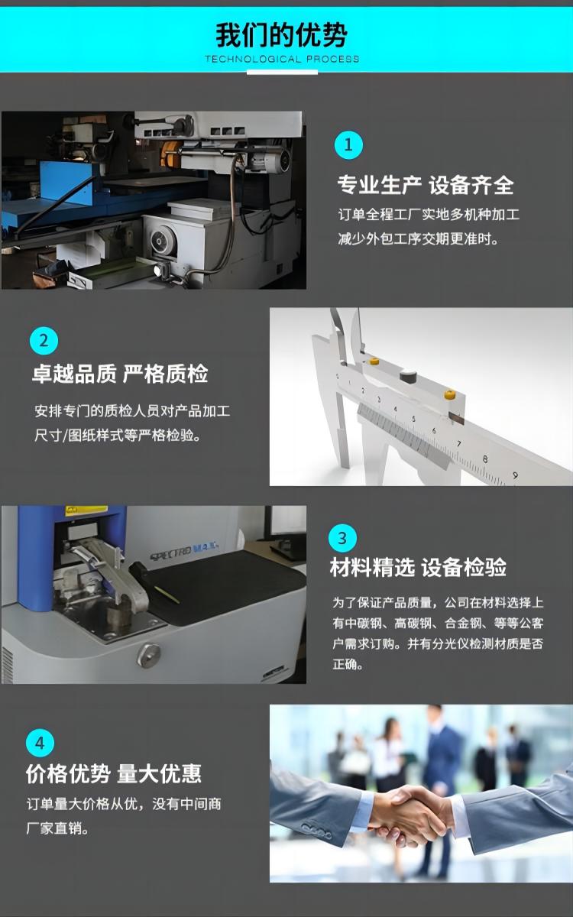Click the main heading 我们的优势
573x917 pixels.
(x=282, y=35)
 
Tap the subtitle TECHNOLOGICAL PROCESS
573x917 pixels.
(x=282, y=59)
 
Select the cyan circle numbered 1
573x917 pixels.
(x=348, y=145)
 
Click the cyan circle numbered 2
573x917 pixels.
(x=44, y=341)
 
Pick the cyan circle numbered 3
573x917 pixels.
(x=342, y=538)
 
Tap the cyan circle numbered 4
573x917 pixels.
(x=40, y=743)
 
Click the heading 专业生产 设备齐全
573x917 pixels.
(x=426, y=185)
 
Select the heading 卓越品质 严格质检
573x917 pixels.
(x=120, y=374)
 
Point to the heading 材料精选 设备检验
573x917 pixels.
(x=418, y=567)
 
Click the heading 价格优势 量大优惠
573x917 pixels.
(x=114, y=773)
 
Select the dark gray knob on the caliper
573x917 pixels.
(x=408, y=376)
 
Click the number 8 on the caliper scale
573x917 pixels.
(x=485, y=459)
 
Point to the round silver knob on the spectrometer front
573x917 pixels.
(x=148, y=656)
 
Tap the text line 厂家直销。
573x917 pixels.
(x=57, y=829)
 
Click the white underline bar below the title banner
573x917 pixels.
(x=282, y=73)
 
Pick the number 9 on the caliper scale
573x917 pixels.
(x=515, y=475)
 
